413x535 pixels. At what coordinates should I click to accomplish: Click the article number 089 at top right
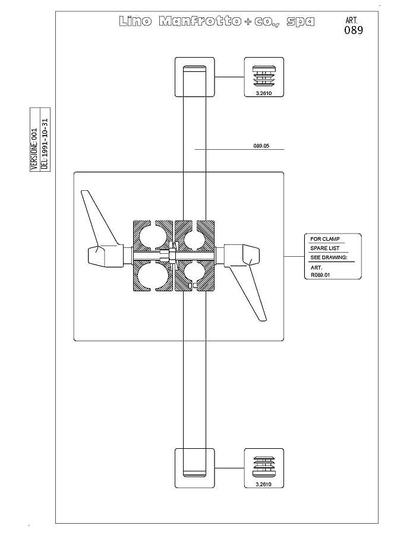coord(354,30)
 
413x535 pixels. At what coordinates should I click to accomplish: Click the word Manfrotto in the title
coord(200,21)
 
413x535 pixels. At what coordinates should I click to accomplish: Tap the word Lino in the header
coord(135,21)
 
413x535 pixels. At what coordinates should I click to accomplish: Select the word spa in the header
coord(300,22)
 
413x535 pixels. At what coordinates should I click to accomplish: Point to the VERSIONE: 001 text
coord(34,149)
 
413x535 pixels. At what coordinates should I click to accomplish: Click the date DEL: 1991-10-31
coord(45,144)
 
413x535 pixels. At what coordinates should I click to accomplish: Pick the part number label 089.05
coord(261,146)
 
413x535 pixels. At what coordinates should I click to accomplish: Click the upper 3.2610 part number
coord(264,93)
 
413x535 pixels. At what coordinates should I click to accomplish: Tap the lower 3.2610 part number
coord(264,484)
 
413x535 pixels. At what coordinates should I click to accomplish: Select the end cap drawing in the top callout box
coord(264,75)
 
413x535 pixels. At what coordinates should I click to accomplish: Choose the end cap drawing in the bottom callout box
coord(264,467)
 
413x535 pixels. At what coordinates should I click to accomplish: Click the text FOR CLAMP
coord(325,239)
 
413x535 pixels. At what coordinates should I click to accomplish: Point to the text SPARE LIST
coord(325,248)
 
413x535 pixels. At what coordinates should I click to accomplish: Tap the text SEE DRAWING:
coord(329,257)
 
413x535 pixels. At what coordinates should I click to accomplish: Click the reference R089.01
coord(320,275)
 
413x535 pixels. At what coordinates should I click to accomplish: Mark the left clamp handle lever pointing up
coord(102,228)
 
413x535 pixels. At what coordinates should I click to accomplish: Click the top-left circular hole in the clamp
coord(151,237)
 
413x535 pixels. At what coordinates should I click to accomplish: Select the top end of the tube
coord(194,68)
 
